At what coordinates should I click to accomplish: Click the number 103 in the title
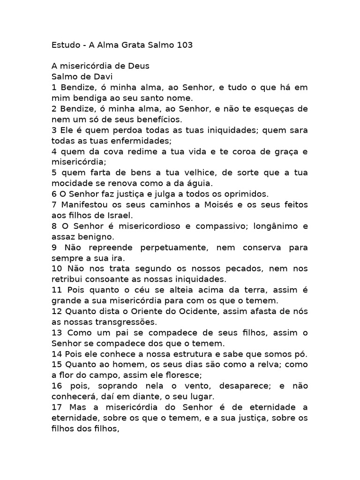click(183, 45)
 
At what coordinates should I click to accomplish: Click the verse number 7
click(54, 205)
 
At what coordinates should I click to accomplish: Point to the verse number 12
click(56, 311)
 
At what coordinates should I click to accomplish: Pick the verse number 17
click(56, 407)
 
